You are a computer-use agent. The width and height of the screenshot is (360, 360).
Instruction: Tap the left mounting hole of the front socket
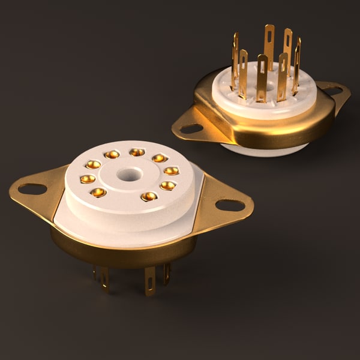[x=32, y=189]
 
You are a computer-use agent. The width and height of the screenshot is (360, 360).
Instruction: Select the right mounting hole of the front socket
[x=230, y=205]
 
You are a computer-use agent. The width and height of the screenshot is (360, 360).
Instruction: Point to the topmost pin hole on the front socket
[x=137, y=152]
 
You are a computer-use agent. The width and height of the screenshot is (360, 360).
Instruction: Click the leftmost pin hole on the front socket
[x=88, y=179]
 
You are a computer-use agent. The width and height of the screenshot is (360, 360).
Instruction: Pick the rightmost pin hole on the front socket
[x=172, y=171]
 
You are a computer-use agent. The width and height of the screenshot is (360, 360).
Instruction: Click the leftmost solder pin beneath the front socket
[x=95, y=273]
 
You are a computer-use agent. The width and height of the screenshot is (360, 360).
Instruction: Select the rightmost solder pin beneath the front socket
[x=166, y=273]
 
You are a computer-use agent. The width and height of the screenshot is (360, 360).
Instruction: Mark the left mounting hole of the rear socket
[x=191, y=128]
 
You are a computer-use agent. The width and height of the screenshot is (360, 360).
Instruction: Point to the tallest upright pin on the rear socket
[x=269, y=45]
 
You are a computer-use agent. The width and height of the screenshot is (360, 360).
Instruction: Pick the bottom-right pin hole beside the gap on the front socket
[x=149, y=196]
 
